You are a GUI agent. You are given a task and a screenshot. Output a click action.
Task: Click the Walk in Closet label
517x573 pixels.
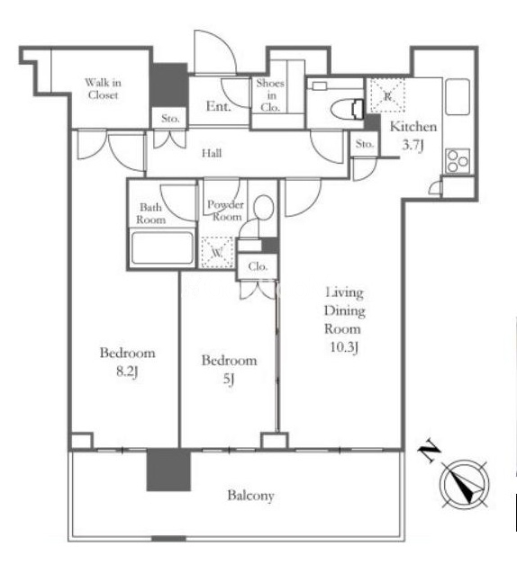coord(103,89)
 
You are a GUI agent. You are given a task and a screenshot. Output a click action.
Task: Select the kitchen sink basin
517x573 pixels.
coord(458,97)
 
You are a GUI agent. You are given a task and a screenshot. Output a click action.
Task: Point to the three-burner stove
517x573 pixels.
coord(458,161)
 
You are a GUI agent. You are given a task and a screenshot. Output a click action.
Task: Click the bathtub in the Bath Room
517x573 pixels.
coord(162,247)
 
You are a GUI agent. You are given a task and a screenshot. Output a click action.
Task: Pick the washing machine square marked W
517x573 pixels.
coord(217,252)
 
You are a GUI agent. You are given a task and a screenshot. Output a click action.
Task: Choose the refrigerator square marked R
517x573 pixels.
coord(387,95)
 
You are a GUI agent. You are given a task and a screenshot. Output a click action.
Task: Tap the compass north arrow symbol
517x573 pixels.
coord(465,483)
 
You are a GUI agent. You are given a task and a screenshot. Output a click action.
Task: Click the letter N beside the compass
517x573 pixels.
coord(429,452)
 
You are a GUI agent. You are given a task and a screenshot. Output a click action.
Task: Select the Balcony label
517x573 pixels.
coord(250,496)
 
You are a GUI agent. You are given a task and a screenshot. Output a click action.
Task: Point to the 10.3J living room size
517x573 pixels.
coord(343,347)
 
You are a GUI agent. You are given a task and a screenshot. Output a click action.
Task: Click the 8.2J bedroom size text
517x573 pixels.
coord(127,372)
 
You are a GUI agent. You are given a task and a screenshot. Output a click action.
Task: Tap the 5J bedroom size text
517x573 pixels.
coord(229,380)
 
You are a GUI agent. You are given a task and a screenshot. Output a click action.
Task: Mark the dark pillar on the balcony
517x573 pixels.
coord(168,470)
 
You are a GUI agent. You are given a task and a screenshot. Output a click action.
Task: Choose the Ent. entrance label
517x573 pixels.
coord(219,106)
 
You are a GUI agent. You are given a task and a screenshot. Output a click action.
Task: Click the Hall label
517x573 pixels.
coord(212,153)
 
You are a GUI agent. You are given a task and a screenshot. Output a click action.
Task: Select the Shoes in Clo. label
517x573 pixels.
coord(270,95)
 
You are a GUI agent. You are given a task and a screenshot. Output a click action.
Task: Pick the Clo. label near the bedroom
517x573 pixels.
coord(258,266)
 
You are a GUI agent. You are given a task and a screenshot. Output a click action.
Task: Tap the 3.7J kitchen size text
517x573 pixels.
coord(413,146)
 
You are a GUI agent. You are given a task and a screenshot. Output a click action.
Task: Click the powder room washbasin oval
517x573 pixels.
coord(263,207)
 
